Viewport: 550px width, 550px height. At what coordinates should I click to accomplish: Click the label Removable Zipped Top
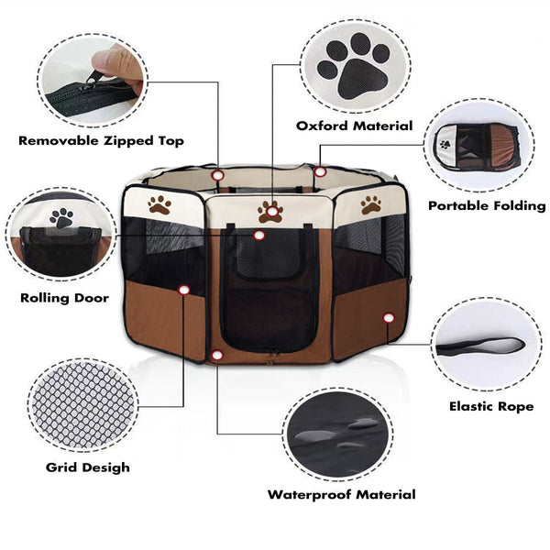[101, 141]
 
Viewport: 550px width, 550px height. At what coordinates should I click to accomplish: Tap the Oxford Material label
[354, 126]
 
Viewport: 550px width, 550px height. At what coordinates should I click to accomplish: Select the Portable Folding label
[487, 206]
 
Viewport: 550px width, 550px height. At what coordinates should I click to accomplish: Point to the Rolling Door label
[64, 298]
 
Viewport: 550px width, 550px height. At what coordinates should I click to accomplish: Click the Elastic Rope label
[491, 406]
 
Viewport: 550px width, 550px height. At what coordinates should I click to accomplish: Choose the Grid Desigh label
[88, 467]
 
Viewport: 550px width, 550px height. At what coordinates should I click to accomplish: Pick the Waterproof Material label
[341, 495]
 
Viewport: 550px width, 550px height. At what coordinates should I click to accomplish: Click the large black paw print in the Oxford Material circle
[353, 67]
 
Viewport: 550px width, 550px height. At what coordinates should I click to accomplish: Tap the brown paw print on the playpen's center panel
[270, 212]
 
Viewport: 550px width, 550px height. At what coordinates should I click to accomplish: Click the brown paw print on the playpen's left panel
[159, 204]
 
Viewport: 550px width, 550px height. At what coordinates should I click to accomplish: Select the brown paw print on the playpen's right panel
[371, 204]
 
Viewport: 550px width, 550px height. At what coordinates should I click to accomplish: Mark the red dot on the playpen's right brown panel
[389, 317]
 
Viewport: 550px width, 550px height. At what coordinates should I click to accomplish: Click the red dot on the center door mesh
[259, 236]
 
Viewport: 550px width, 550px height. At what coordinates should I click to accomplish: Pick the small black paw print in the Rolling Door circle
[62, 218]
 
